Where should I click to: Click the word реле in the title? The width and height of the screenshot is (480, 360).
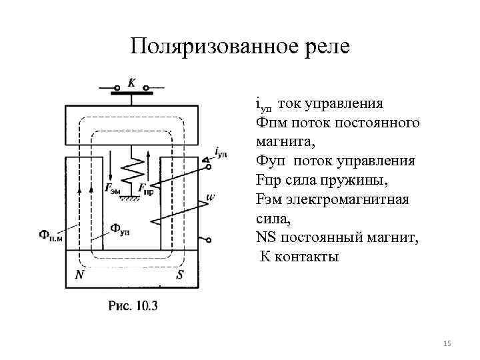[325, 47]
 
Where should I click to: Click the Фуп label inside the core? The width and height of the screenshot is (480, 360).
[120, 230]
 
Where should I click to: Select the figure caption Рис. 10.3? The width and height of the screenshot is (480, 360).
[133, 305]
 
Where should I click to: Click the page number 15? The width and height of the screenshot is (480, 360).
[447, 343]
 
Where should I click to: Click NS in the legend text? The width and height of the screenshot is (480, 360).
[265, 237]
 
